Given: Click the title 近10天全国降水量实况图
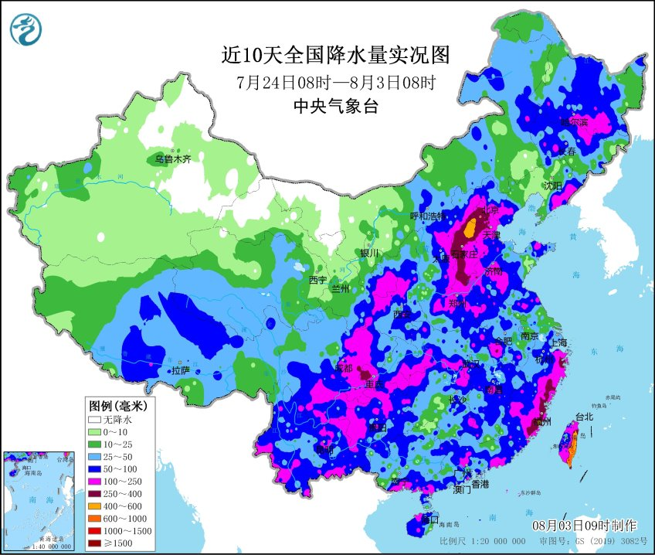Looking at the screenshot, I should point(334,55).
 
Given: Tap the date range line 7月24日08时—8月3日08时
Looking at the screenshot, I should point(334,82).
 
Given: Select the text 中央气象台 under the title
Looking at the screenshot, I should point(335,107).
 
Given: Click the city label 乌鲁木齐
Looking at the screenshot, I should point(171,159).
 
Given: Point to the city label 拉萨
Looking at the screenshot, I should point(181,371).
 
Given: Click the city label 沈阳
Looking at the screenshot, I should point(552,186).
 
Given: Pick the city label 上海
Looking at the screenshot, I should point(558,342).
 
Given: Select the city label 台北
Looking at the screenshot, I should point(584,417).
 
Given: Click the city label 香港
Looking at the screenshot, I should point(480,484).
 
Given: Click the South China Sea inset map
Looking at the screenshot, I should point(42,502).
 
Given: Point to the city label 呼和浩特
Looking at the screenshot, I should point(428,216).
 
